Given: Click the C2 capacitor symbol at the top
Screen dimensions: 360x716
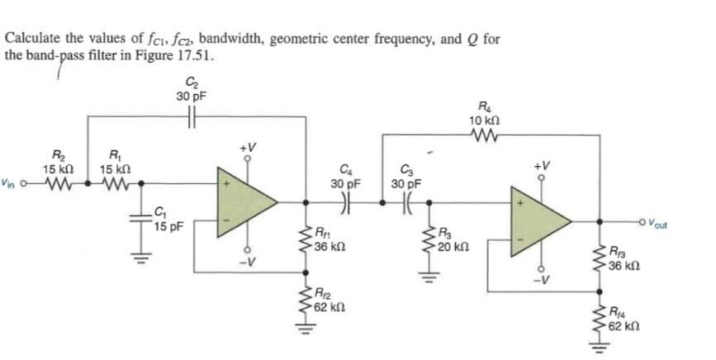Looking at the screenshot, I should (192, 116).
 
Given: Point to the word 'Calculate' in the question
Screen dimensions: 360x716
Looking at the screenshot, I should (32, 39).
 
